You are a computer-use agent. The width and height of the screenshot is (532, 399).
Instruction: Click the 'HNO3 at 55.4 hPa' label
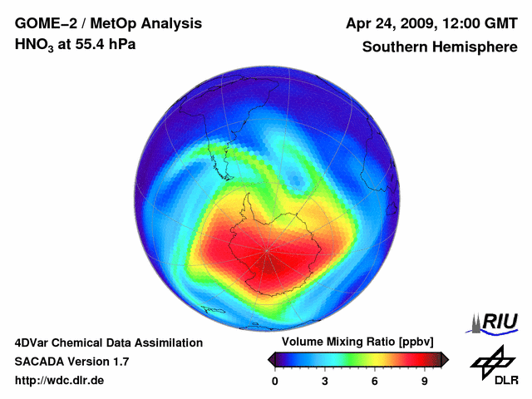pyautogui.click(x=75, y=44)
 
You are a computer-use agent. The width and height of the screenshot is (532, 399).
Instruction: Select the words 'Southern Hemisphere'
pyautogui.click(x=439, y=47)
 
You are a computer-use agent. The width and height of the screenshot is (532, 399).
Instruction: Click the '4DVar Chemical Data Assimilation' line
pyautogui.click(x=108, y=342)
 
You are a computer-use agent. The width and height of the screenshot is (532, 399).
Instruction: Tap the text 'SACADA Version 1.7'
pyautogui.click(x=71, y=362)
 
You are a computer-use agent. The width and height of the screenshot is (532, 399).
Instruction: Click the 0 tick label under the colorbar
pyautogui.click(x=275, y=381)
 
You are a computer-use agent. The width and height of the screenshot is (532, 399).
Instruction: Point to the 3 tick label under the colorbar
pyautogui.click(x=325, y=381)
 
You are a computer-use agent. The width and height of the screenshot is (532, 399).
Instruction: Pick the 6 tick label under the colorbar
pyautogui.click(x=375, y=381)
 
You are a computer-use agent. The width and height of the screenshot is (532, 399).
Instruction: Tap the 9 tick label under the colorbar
pyautogui.click(x=425, y=381)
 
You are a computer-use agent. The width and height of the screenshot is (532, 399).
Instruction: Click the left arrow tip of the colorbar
pyautogui.click(x=269, y=359)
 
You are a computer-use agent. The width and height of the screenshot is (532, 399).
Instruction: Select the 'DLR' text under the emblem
pyautogui.click(x=506, y=381)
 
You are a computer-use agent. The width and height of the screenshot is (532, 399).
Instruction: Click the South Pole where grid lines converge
pyautogui.click(x=268, y=250)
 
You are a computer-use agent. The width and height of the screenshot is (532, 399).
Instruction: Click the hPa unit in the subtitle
pyautogui.click(x=121, y=44)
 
